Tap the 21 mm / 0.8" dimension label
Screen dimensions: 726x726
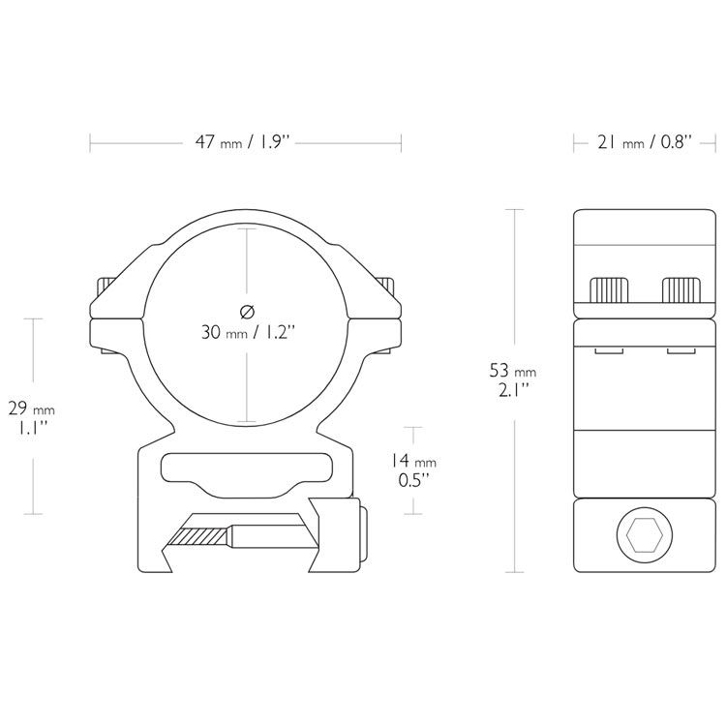click(645, 141)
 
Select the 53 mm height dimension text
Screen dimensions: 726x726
click(513, 371)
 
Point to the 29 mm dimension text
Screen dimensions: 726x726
click(31, 408)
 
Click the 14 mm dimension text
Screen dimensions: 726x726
click(411, 461)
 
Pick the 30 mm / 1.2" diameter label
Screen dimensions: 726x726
click(248, 332)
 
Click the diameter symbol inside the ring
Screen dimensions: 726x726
click(248, 312)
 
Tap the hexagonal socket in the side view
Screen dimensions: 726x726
click(645, 534)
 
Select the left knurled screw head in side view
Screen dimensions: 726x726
click(609, 289)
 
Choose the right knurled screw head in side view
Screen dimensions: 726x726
click(681, 289)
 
